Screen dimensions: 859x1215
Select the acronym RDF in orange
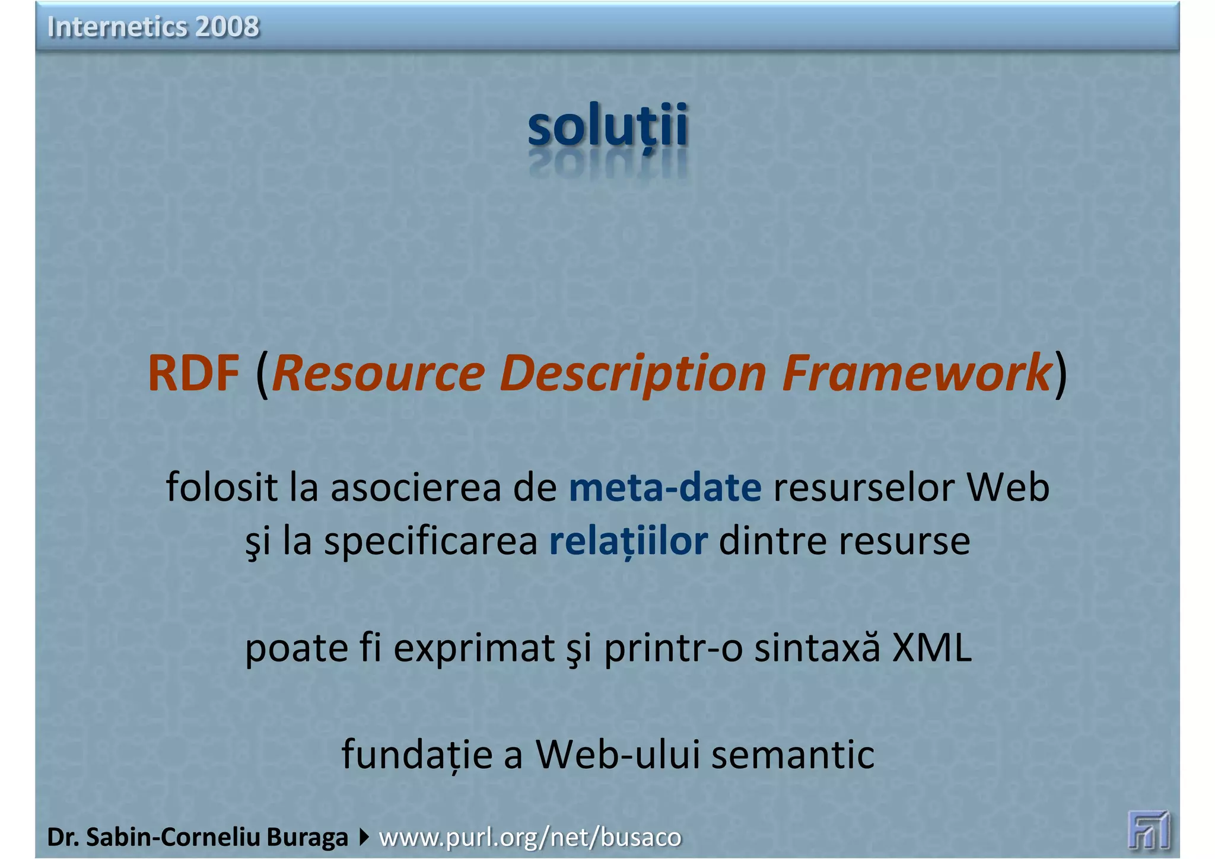[x=193, y=373]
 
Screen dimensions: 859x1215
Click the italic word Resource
[x=379, y=373]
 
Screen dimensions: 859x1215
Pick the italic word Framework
[x=917, y=373]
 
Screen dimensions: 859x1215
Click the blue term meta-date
[x=665, y=488]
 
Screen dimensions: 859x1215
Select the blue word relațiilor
[x=628, y=541]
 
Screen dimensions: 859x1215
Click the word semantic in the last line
[x=793, y=755]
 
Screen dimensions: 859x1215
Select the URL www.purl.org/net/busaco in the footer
[x=530, y=837]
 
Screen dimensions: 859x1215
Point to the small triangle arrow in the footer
[x=364, y=837]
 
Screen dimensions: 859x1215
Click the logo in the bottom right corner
[x=1149, y=829]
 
